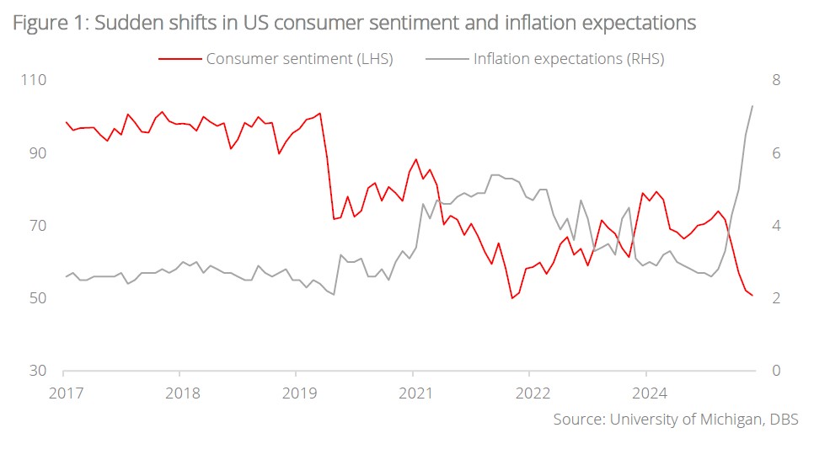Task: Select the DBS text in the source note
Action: tap(783, 420)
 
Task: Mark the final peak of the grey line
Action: tap(752, 105)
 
